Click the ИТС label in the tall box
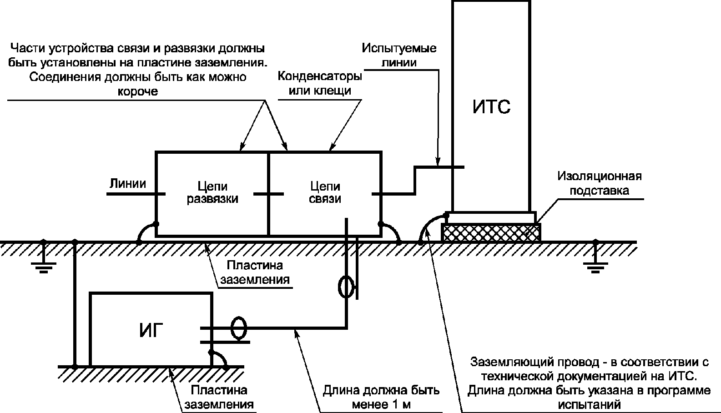[491, 107]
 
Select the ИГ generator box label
[151, 331]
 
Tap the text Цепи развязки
[212, 193]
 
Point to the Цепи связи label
[325, 193]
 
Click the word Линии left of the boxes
[128, 184]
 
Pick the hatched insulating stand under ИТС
[491, 232]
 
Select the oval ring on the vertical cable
[346, 287]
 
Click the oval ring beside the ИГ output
[238, 328]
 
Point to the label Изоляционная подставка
[600, 183]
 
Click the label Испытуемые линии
[399, 55]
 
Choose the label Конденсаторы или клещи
[320, 83]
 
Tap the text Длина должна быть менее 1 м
[381, 398]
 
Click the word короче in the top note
[138, 91]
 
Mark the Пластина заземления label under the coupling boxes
[255, 272]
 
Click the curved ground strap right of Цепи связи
[391, 232]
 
